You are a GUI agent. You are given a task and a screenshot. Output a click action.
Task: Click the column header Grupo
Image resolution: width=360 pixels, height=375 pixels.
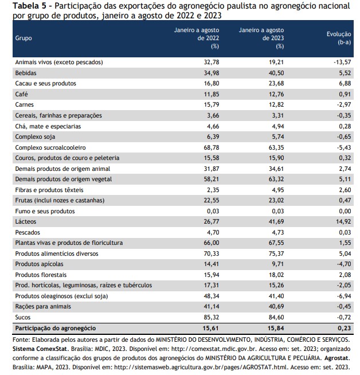24,38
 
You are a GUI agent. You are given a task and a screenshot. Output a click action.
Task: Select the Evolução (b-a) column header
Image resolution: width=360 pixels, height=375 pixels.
339,38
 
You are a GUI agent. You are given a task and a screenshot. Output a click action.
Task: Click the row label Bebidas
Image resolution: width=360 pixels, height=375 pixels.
26,73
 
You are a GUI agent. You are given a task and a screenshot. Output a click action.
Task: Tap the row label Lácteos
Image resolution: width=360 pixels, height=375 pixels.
26,221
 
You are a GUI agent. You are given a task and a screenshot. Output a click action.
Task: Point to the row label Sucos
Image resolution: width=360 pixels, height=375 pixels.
23,317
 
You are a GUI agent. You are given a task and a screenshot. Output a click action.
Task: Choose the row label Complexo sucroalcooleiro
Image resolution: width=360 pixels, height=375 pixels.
50,147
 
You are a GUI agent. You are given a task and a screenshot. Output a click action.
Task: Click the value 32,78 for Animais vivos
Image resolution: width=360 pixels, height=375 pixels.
212,62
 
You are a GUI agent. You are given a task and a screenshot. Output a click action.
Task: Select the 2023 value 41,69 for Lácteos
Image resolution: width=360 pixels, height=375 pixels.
276,221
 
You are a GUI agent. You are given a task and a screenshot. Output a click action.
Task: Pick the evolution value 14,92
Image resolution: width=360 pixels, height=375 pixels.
343,221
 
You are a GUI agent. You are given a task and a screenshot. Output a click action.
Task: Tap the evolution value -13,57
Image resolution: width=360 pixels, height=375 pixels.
342,62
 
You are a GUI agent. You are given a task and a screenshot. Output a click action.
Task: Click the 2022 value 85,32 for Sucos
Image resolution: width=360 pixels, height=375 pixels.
212,317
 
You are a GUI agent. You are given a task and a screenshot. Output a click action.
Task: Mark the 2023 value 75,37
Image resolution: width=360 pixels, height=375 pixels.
276,253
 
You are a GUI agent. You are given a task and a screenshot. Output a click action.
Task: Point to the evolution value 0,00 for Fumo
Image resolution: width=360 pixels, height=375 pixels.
345,211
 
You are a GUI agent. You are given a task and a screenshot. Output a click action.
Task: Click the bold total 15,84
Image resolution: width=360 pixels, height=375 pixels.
276,328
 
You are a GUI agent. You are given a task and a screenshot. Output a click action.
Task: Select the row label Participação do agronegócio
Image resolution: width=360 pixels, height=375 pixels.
56,328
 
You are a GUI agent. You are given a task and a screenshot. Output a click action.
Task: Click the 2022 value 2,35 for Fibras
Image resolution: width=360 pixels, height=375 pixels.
213,190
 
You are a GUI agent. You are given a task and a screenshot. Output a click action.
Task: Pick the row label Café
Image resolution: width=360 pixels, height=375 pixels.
22,94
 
